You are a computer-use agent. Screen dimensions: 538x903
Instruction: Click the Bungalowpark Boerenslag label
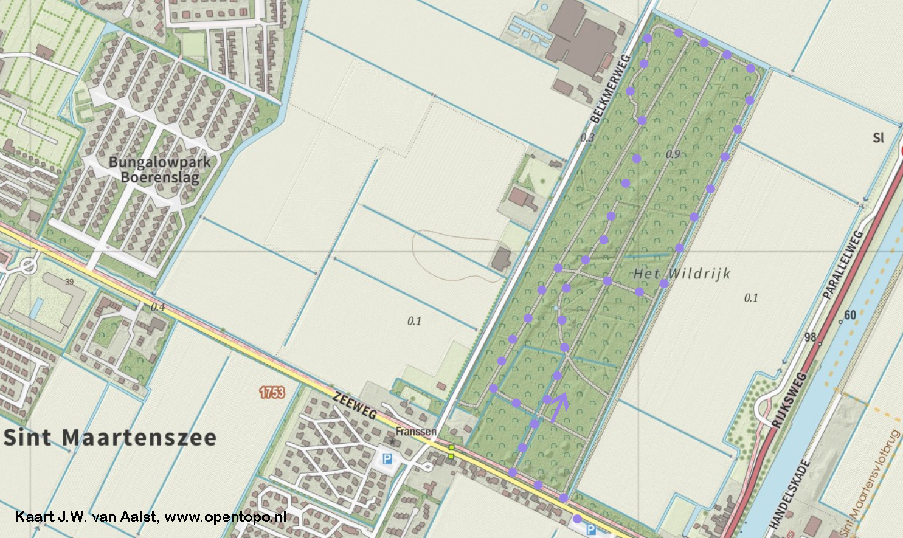point(160,170)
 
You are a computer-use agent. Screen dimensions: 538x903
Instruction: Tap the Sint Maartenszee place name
point(110,438)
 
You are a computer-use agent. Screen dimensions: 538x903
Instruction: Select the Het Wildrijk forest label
point(682,274)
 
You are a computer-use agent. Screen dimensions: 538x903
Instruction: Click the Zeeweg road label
point(355,405)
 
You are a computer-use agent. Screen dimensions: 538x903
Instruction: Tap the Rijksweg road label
point(789,399)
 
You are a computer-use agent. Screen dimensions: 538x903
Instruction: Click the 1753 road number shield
point(272,392)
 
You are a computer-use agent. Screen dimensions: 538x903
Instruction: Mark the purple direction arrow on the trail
point(559,406)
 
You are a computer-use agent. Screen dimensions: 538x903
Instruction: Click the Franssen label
point(416,432)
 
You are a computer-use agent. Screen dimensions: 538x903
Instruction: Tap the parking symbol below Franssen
point(387,459)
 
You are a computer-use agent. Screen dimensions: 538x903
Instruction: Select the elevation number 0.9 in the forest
point(673,154)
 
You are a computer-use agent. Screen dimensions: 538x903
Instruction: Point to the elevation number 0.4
point(157,307)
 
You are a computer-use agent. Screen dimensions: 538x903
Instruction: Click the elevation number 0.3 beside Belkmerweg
point(587,138)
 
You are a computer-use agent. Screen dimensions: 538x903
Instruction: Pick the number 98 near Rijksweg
point(810,337)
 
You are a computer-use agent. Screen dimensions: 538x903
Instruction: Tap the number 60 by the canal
point(850,315)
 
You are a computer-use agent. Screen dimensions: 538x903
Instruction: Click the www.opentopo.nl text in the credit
point(225,517)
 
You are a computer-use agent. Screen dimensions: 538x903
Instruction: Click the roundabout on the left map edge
point(27,266)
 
